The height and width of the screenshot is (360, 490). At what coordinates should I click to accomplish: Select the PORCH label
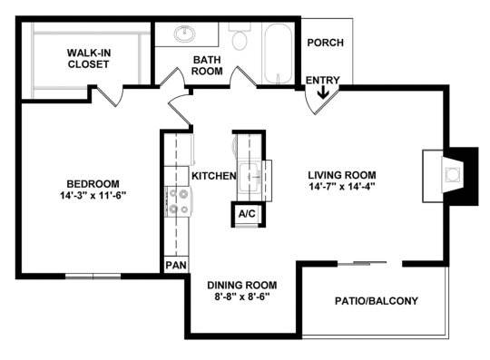point(324,43)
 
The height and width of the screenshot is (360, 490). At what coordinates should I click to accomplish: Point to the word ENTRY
point(322,81)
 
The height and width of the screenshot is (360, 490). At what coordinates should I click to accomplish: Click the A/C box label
point(245,214)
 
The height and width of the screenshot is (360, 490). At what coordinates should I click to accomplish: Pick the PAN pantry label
point(174,266)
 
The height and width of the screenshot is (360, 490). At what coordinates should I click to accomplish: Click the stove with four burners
point(177,202)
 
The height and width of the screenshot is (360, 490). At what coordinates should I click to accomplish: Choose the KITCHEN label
point(213,175)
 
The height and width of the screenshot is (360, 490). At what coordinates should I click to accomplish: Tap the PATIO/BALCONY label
point(376,300)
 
